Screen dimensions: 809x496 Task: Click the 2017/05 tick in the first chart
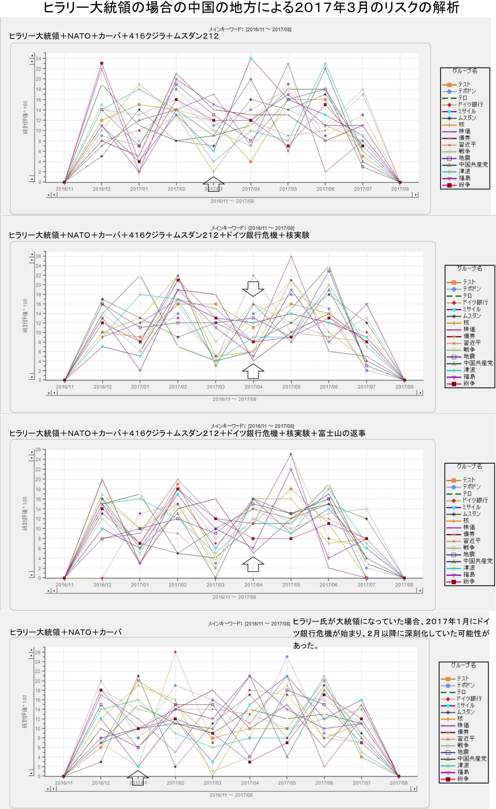[x=288, y=189]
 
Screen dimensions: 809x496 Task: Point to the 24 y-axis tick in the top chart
[x=39, y=58]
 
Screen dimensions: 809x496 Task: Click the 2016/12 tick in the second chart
[x=102, y=387]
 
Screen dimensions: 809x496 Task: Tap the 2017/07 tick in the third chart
[x=366, y=585]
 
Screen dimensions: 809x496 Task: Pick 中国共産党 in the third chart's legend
[x=478, y=561]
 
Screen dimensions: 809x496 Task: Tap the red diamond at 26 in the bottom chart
[x=175, y=652]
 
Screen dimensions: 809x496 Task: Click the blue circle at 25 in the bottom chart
[x=287, y=657]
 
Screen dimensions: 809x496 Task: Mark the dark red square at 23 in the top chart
[x=101, y=63]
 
